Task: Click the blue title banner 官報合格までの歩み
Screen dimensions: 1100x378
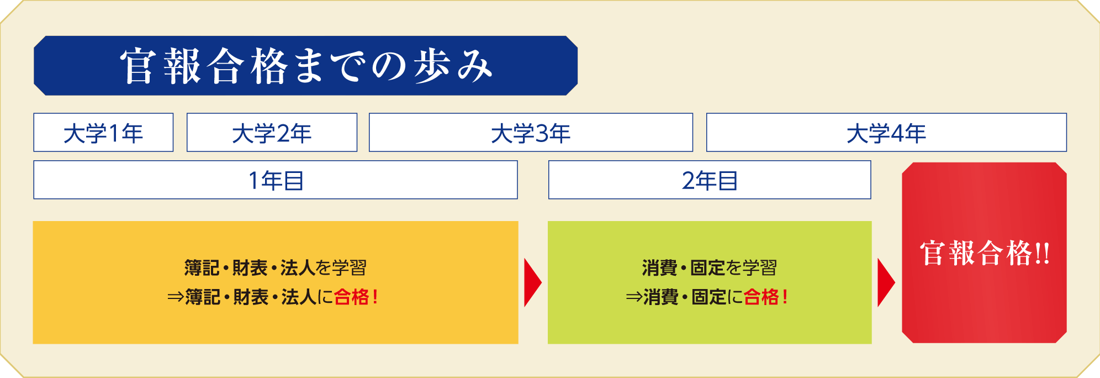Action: click(x=305, y=66)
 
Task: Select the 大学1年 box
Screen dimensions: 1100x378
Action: click(x=103, y=133)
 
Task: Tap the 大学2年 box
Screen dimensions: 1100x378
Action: click(x=272, y=133)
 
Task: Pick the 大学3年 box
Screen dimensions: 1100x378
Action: click(x=531, y=133)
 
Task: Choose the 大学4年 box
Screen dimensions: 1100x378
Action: click(x=886, y=133)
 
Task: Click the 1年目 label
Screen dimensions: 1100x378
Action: click(x=276, y=180)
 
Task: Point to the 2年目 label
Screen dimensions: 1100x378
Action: click(x=710, y=180)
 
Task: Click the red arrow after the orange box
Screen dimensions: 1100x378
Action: click(x=532, y=282)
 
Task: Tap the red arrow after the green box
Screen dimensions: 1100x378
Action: click(x=885, y=282)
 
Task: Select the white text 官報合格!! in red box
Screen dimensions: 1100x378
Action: click(x=985, y=253)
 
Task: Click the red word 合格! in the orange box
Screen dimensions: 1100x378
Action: click(x=356, y=297)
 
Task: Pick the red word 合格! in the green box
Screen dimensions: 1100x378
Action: click(x=765, y=297)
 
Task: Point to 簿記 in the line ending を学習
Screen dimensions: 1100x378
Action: click(x=202, y=268)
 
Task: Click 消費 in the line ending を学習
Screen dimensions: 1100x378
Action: click(x=660, y=268)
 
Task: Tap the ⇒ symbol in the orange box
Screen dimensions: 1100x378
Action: click(x=176, y=297)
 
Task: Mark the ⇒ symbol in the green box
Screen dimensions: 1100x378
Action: click(x=634, y=297)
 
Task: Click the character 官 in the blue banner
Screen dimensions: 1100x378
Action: click(x=137, y=66)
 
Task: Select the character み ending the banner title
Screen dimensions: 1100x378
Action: click(x=474, y=66)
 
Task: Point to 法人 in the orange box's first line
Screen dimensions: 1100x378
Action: click(x=298, y=268)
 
